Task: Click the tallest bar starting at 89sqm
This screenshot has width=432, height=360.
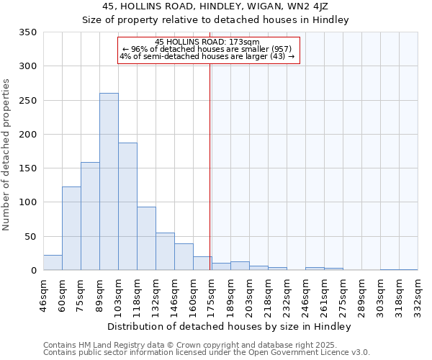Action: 109,181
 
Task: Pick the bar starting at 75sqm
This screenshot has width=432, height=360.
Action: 90,216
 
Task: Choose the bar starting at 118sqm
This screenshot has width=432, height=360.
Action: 146,238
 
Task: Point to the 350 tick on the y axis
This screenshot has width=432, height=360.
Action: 27,32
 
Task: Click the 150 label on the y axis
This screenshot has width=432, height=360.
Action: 27,168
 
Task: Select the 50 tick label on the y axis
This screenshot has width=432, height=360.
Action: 30,236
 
